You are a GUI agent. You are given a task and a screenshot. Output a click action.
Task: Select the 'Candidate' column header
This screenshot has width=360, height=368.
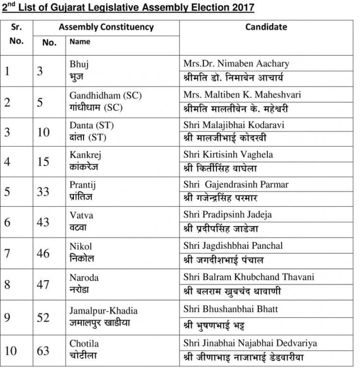pyautogui.click(x=266, y=27)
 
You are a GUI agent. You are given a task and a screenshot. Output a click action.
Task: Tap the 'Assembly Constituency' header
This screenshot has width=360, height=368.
pyautogui.click(x=106, y=27)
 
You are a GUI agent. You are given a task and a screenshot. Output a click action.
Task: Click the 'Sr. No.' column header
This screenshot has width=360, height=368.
pyautogui.click(x=16, y=34)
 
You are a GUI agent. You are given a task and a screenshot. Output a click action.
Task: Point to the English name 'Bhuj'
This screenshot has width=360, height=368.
pyautogui.click(x=79, y=64)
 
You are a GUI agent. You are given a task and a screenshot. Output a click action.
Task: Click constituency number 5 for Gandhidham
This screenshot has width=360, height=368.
pyautogui.click(x=40, y=102)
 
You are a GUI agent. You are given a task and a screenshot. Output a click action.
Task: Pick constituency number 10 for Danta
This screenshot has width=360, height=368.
pyautogui.click(x=43, y=132)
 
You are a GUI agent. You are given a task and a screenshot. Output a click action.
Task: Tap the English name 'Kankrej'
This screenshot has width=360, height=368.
pyautogui.click(x=85, y=155)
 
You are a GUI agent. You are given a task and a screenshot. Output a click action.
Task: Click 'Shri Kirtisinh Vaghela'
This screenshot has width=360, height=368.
pyautogui.click(x=228, y=155)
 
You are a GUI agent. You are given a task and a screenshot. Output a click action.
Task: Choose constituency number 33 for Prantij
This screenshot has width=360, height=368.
pyautogui.click(x=43, y=192)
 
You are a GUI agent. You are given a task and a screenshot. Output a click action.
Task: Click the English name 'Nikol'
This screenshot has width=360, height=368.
pyautogui.click(x=81, y=246)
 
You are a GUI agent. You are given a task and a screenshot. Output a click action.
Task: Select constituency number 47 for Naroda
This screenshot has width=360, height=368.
pyautogui.click(x=43, y=284)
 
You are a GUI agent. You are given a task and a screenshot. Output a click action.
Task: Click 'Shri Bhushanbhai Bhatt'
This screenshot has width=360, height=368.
pyautogui.click(x=230, y=309)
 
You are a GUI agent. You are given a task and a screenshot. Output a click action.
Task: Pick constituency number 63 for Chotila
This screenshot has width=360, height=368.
pyautogui.click(x=43, y=351)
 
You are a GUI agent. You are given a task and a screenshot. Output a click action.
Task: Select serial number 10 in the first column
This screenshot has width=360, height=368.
pyautogui.click(x=11, y=351)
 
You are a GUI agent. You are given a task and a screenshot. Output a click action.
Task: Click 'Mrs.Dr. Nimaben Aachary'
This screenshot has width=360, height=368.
pyautogui.click(x=236, y=63)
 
